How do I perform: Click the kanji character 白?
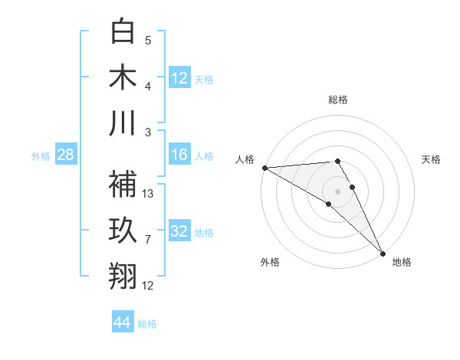[123, 31]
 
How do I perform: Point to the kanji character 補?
[123, 183]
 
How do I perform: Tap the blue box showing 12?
[179, 77]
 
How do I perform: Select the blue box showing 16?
[179, 155]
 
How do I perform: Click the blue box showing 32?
[179, 231]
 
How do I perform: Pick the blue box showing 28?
[66, 155]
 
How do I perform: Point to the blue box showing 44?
[123, 322]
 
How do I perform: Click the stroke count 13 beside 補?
[149, 193]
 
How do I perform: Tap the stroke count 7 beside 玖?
[148, 240]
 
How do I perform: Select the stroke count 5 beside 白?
[148, 41]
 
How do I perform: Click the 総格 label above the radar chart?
[338, 100]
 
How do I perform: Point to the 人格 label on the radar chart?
[245, 159]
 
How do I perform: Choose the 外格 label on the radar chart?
[269, 262]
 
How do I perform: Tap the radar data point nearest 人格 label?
[264, 168]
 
